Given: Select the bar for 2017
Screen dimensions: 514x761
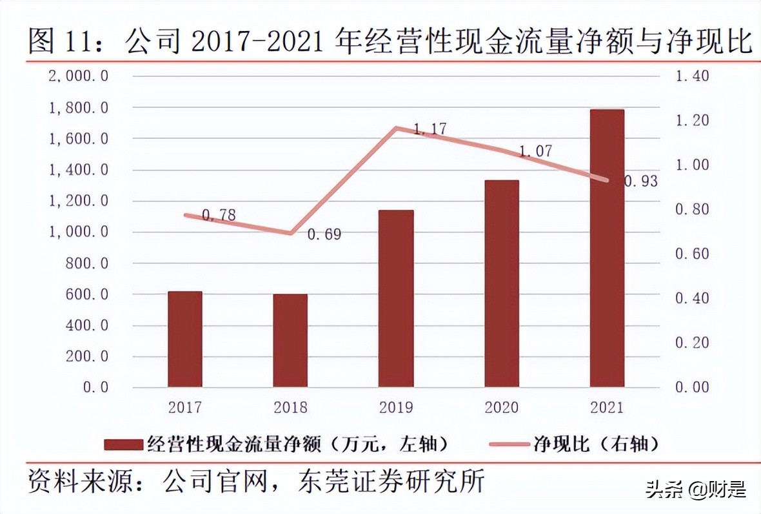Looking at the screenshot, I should [184, 339].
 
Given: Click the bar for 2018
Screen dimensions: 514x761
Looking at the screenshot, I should [290, 340].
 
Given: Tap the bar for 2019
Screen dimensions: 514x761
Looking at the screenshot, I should [396, 298].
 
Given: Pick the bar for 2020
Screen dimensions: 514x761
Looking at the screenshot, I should [502, 283].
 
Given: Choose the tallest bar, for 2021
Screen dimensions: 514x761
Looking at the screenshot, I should [607, 248].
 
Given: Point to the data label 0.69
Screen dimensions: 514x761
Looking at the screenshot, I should [324, 234].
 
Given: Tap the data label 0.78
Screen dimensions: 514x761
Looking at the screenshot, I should [219, 216].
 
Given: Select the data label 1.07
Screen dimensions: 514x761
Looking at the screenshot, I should [535, 152].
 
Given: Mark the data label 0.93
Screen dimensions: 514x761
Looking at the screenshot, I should [640, 181].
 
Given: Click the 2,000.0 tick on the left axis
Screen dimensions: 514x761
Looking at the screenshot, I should [78, 76].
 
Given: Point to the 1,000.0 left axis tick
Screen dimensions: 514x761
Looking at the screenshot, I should [78, 232].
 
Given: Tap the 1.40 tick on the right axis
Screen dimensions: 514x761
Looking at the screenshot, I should [691, 76].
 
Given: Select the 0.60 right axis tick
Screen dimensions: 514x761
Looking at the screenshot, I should [691, 254].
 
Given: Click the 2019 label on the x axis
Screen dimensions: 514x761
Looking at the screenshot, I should [396, 407].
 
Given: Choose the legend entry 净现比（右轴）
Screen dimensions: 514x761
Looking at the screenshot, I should [574, 444].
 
